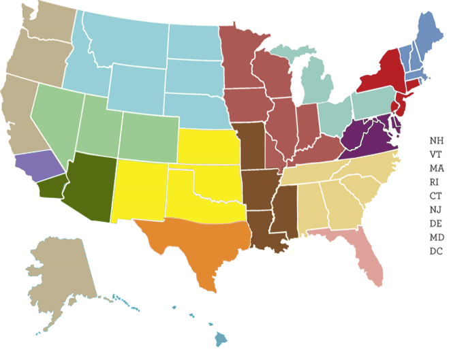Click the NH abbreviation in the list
[x=437, y=140]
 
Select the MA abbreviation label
[x=437, y=168]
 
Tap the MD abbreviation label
[x=437, y=238]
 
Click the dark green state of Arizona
[x=89, y=187]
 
